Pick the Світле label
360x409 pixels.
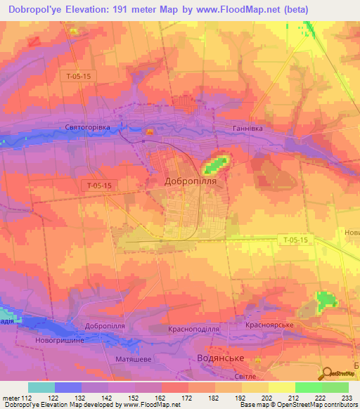click(x=246, y=377)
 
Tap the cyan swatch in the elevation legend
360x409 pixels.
click(x=41, y=387)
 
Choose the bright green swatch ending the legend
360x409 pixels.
click(x=335, y=387)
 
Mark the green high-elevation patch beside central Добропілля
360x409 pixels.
click(x=216, y=165)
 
